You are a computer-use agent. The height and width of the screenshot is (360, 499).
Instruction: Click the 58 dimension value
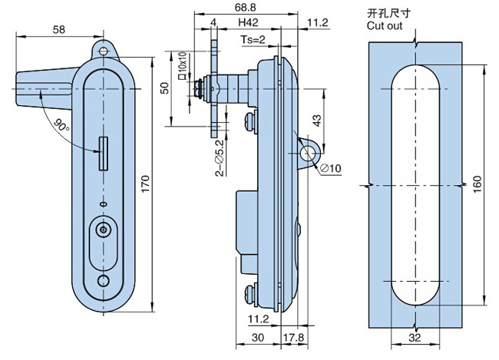58,28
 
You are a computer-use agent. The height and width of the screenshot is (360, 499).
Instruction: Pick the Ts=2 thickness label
253,39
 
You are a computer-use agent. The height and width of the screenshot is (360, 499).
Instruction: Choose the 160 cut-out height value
478,185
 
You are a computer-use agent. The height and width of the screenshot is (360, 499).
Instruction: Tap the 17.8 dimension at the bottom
294,338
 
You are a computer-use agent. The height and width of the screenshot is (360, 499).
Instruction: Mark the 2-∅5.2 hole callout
220,158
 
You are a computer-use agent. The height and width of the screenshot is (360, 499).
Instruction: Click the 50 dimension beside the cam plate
164,88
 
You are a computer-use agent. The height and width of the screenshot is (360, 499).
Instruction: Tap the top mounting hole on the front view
104,48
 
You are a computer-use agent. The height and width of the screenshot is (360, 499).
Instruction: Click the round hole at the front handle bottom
103,282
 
